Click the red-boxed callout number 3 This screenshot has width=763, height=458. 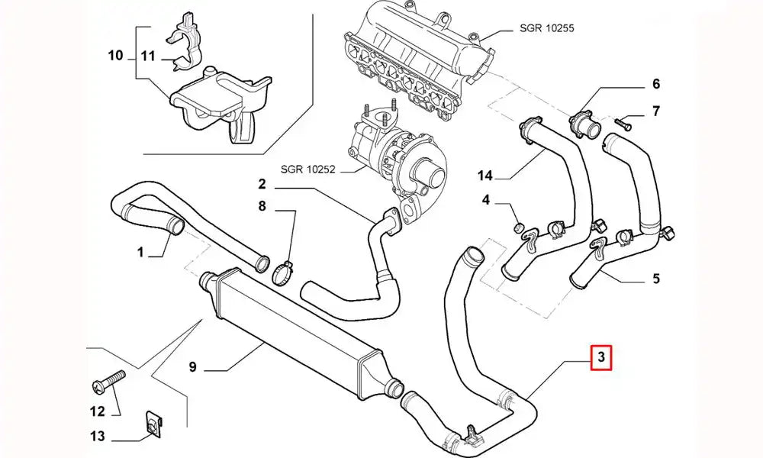click(x=601, y=356)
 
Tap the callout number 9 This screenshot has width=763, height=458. click(x=192, y=367)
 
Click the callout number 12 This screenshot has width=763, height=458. click(x=98, y=412)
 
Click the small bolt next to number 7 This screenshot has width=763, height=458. click(x=623, y=121)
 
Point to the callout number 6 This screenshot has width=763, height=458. click(x=655, y=84)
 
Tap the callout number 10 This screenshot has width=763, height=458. click(x=115, y=55)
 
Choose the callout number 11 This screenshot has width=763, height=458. click(x=147, y=55)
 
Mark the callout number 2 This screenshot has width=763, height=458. click(x=261, y=183)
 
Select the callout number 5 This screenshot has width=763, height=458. click(x=656, y=279)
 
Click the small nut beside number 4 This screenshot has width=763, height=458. click(x=517, y=225)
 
